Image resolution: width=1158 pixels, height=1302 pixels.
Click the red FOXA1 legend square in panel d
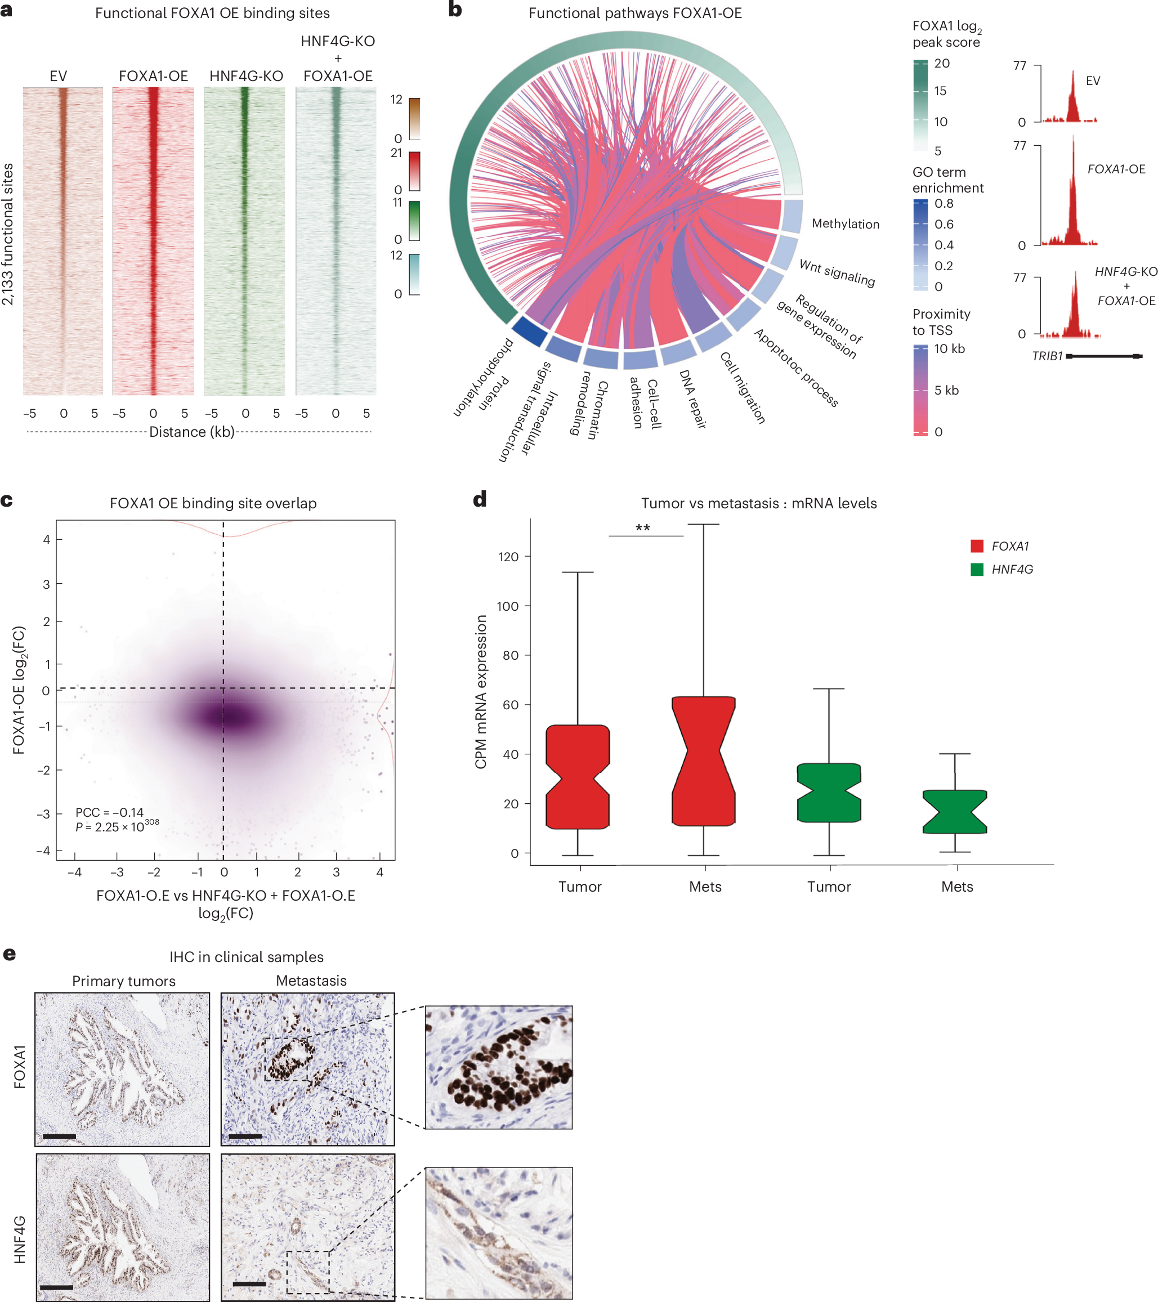977,546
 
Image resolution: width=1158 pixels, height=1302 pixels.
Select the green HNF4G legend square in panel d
977,570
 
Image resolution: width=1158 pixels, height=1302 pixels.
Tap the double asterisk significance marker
643,528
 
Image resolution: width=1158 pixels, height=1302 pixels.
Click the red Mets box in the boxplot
703,761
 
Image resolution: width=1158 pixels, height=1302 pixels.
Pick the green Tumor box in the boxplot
829,793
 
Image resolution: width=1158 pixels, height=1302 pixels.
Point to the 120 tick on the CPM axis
508,557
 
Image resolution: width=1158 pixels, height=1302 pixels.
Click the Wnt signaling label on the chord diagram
837,272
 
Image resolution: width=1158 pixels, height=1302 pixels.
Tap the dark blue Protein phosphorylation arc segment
529,330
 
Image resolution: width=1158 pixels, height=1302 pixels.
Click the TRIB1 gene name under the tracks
1047,356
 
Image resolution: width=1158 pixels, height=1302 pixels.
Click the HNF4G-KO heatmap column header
246,76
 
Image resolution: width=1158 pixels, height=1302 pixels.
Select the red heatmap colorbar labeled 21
414,171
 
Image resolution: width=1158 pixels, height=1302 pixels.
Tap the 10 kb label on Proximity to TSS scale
949,349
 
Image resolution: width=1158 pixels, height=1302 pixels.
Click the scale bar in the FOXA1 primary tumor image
59,1136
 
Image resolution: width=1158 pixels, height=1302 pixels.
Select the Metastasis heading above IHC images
311,981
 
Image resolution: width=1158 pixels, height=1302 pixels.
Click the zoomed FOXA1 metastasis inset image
498,1067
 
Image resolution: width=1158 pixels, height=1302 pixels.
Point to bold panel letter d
480,499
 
